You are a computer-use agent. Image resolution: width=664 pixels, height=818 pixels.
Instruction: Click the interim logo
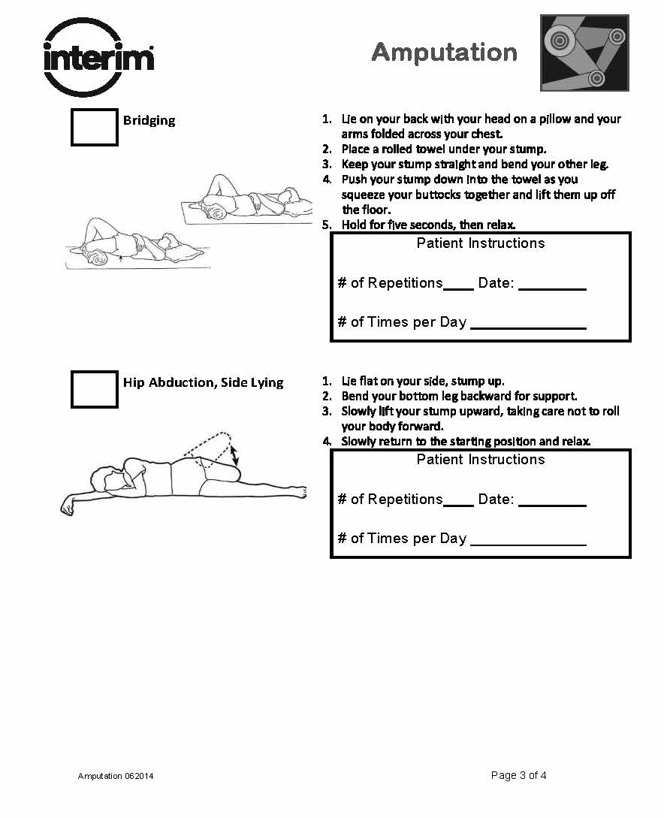click(98, 57)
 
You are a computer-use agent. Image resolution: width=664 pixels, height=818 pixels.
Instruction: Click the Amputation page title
click(444, 52)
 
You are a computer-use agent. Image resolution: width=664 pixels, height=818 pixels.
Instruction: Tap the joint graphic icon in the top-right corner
click(584, 53)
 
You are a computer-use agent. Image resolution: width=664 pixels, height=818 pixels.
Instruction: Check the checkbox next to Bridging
click(95, 127)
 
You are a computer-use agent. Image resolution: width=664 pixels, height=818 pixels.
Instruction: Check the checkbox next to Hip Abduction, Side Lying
click(95, 389)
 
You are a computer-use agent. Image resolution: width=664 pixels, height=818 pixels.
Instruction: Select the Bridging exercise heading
click(149, 120)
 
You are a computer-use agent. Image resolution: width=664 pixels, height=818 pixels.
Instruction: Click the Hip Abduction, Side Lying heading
click(203, 382)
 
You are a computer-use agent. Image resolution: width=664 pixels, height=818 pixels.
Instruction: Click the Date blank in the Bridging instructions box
click(552, 285)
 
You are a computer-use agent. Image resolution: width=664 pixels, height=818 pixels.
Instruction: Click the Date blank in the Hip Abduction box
click(552, 502)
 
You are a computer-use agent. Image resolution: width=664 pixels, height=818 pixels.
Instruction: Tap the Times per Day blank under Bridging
click(527, 324)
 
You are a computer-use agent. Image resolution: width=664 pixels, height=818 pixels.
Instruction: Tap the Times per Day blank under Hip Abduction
click(527, 541)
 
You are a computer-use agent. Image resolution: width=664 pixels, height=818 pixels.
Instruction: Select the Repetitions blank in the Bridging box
click(458, 285)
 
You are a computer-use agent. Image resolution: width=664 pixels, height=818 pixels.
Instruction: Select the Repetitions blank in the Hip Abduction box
click(458, 502)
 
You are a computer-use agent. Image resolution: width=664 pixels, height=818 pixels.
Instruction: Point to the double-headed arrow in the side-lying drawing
click(235, 455)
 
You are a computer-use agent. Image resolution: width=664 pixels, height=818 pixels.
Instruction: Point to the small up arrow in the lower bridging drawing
click(122, 260)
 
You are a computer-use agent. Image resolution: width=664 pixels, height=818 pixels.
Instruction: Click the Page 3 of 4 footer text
click(518, 775)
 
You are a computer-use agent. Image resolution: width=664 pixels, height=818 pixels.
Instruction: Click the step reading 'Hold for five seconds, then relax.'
click(428, 225)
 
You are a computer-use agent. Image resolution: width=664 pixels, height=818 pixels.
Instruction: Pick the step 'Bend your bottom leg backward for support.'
click(459, 396)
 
